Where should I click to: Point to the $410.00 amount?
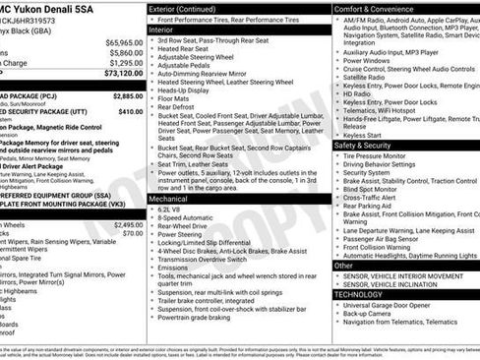click(x=130, y=111)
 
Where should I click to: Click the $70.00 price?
click(x=132, y=233)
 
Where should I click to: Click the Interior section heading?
click(x=161, y=30)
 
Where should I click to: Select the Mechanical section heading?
click(x=168, y=199)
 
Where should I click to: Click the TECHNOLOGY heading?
click(x=358, y=294)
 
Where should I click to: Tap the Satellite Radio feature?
click(x=370, y=79)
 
